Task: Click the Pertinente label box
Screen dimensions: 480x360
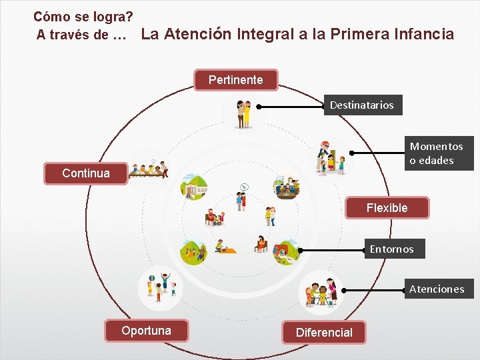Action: point(235,80)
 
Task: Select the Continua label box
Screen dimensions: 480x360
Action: point(86,173)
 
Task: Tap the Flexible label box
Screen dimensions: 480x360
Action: point(387,208)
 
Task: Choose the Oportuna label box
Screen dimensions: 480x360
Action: point(146,331)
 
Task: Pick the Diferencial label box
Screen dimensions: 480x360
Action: point(324,333)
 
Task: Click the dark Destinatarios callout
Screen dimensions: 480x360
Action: point(362,105)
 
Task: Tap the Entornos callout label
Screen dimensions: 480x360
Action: point(392,249)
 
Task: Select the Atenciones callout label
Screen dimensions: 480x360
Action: point(437,289)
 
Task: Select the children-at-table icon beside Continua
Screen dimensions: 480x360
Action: point(147,171)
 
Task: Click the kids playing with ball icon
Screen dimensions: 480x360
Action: point(159,287)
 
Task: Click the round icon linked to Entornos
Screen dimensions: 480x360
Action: point(286,251)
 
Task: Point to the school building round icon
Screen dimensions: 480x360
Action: point(197,187)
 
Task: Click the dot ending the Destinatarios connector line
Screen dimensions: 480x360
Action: point(259,106)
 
